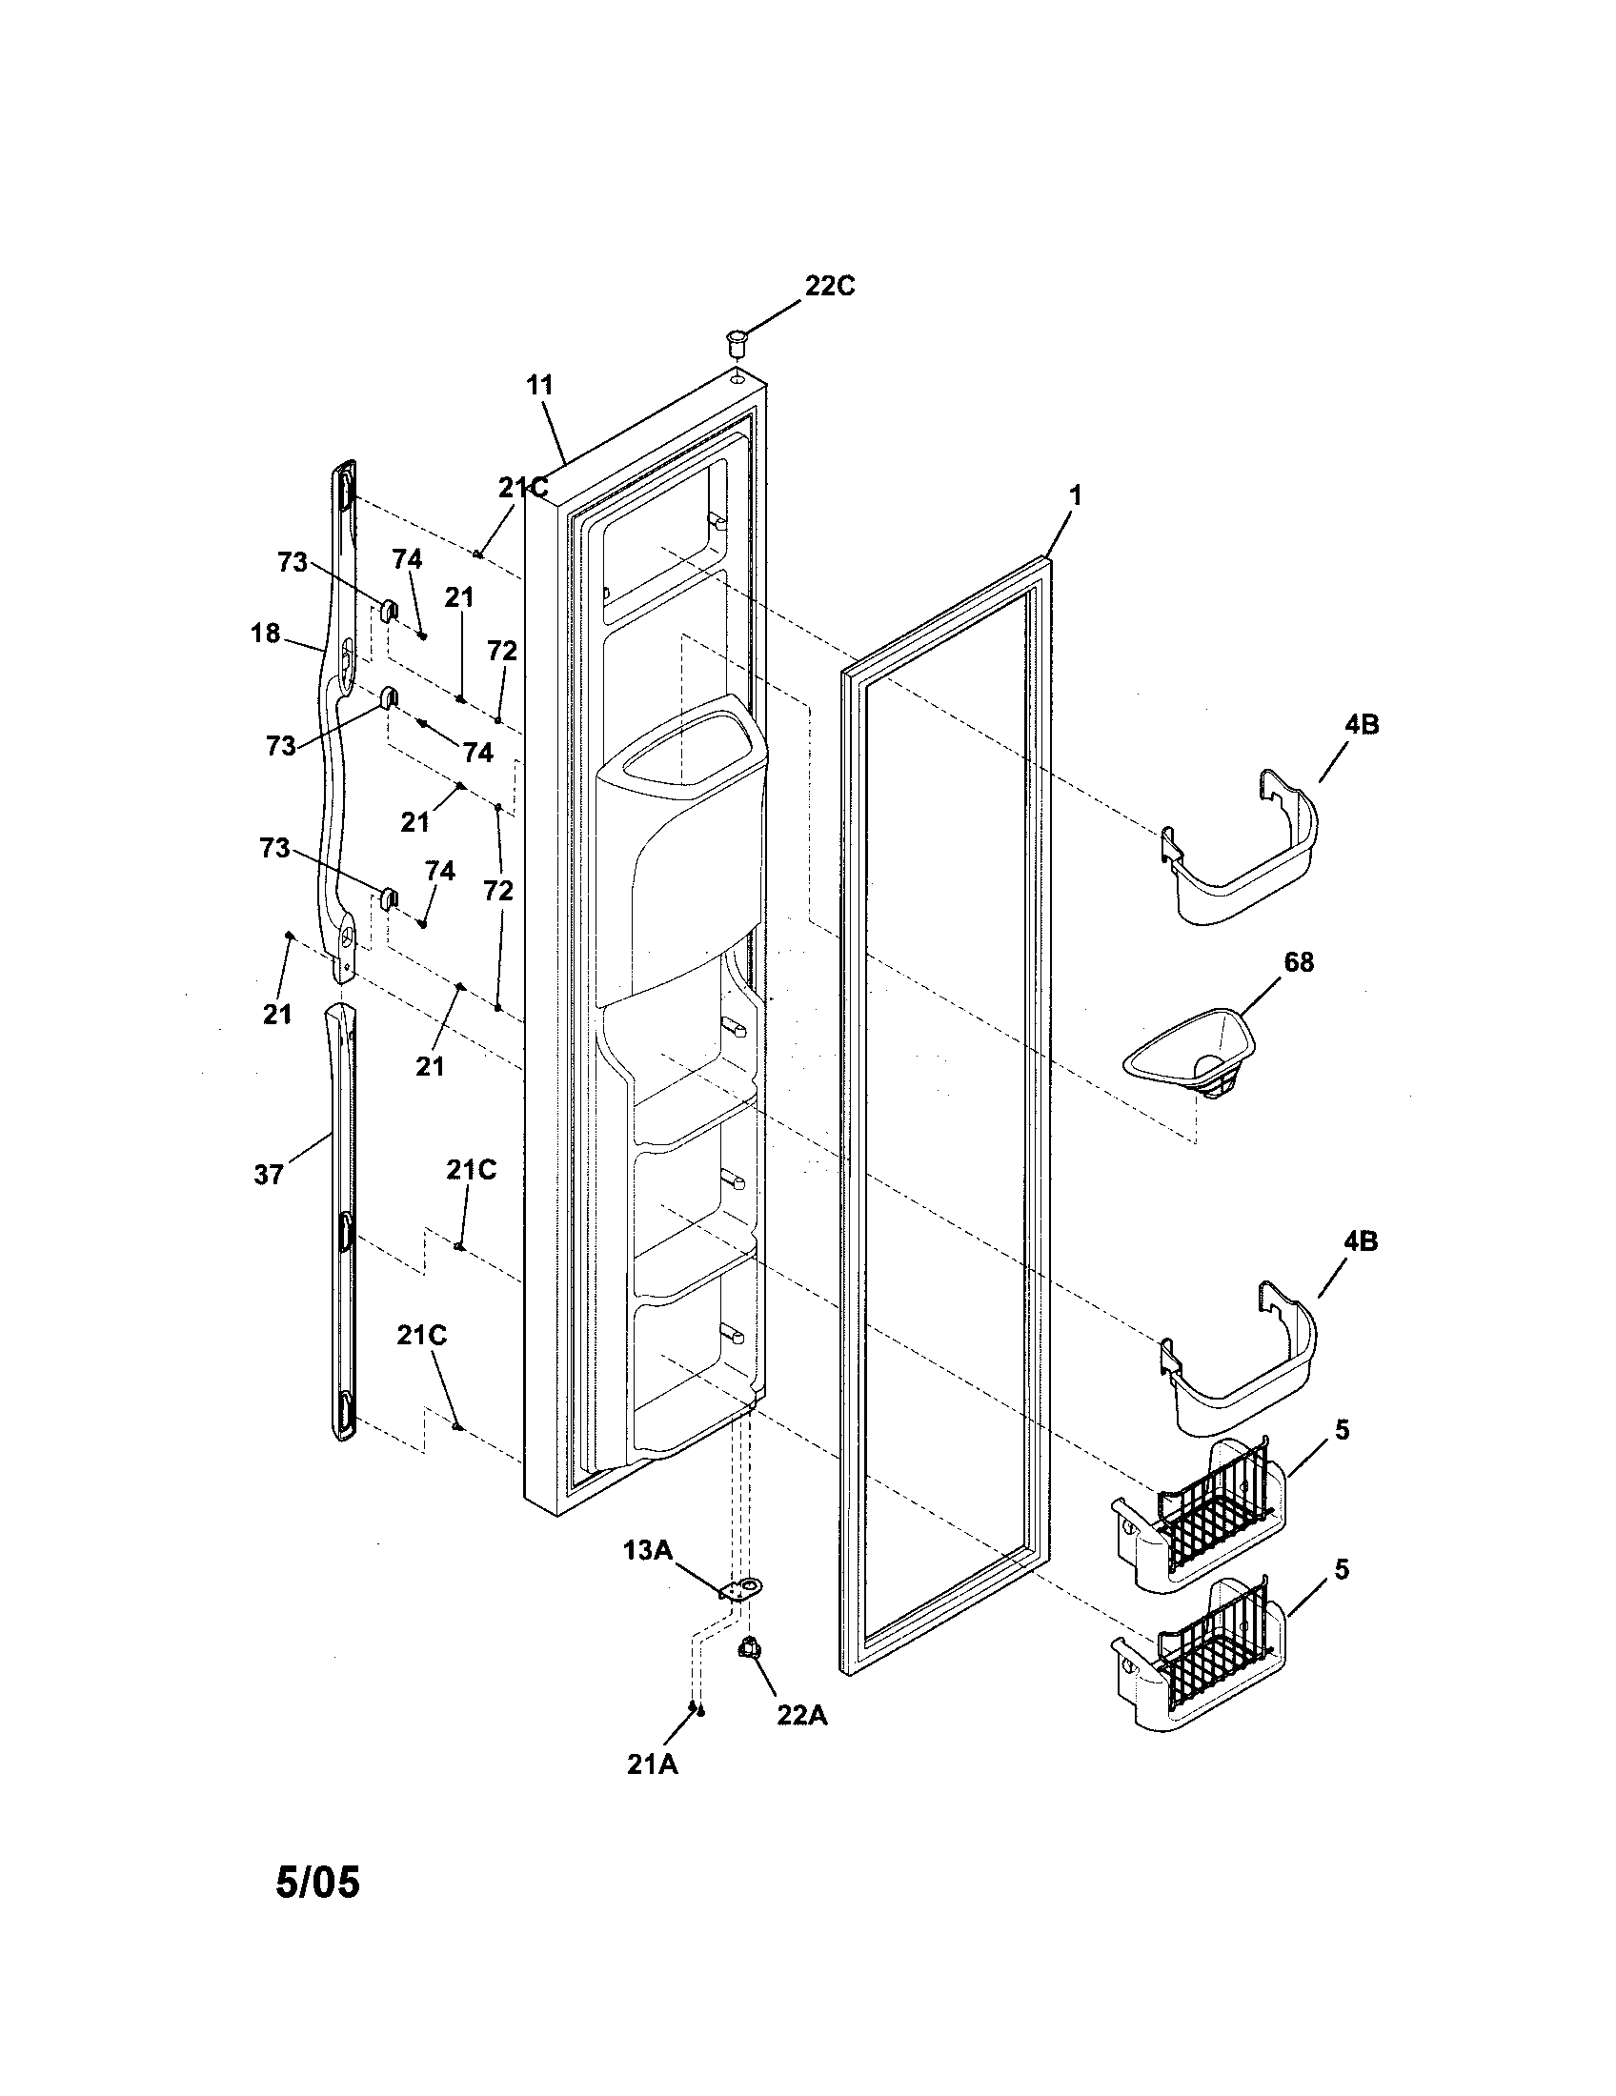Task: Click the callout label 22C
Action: click(829, 286)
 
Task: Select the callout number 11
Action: click(540, 386)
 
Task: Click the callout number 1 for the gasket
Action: click(1076, 496)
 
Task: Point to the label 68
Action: click(1299, 962)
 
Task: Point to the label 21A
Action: click(653, 1763)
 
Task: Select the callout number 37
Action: click(269, 1174)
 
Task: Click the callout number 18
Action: click(266, 634)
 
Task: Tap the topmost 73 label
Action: click(293, 562)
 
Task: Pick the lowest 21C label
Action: click(423, 1336)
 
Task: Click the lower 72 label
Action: click(498, 891)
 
